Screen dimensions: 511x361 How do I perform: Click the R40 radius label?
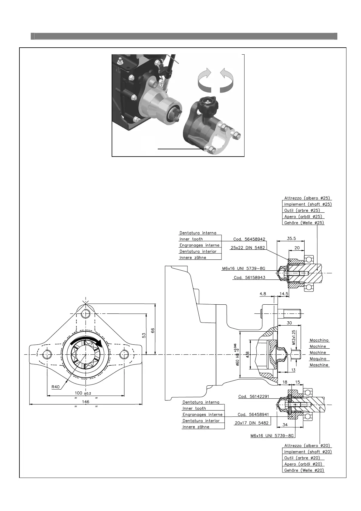point(56,387)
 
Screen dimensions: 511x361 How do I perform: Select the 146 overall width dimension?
point(86,401)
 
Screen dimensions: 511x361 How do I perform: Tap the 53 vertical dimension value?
point(144,335)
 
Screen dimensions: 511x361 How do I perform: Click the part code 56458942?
point(249,239)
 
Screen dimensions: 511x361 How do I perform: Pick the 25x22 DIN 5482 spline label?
point(248,248)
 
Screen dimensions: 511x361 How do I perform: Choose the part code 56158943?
point(249,277)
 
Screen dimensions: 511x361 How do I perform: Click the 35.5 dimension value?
point(291,239)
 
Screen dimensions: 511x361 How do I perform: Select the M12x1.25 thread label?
point(293,337)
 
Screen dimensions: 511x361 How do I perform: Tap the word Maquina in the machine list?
point(318,359)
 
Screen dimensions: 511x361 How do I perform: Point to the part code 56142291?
point(254,396)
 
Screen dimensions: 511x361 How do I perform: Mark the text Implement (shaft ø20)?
point(308,452)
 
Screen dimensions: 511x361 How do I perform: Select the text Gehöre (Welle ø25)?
point(304,223)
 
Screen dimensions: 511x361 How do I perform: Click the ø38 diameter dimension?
point(247,354)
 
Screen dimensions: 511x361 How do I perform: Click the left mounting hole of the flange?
point(47,354)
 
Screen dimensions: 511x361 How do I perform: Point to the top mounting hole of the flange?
point(86,313)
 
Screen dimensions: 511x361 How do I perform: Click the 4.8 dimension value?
point(263,294)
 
